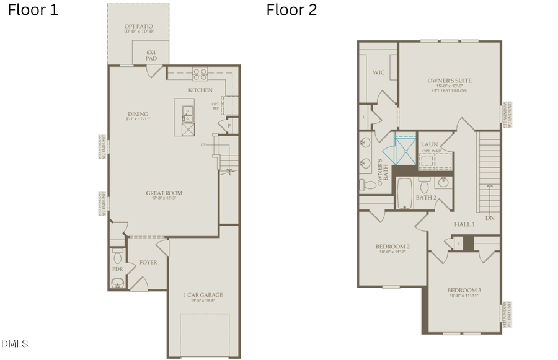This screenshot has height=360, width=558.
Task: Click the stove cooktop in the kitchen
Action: [x=200, y=74]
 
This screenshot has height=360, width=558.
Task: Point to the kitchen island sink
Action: [x=187, y=113]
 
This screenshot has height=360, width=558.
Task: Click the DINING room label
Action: [x=138, y=114]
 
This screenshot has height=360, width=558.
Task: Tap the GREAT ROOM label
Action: [x=164, y=193]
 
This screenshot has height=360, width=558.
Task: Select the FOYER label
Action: [x=148, y=262]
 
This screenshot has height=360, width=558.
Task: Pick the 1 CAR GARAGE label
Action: [x=203, y=295]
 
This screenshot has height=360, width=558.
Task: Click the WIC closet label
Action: [x=379, y=72]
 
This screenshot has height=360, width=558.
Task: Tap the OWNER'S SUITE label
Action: [x=449, y=81]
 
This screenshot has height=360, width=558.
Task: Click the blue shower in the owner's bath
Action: [x=404, y=149]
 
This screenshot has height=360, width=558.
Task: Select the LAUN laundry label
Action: [x=429, y=144]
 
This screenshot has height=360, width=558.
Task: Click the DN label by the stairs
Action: [x=490, y=217]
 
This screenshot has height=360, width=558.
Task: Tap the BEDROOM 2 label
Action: [x=392, y=247]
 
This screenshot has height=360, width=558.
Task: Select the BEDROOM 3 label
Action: [x=464, y=290]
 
